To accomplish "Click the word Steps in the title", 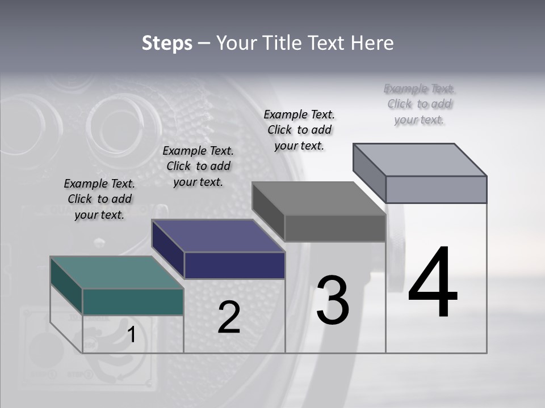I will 167,43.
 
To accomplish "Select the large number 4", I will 433,283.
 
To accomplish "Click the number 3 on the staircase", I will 333,300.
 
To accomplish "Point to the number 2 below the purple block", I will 229,317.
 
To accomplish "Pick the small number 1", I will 131,335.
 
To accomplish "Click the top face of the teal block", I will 116,273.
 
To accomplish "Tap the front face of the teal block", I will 133,301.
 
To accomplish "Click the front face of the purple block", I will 234,265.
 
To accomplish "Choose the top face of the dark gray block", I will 318,198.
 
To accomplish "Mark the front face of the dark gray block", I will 335,228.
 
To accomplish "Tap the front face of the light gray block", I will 436,189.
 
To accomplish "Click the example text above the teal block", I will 99,199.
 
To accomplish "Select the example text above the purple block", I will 198,166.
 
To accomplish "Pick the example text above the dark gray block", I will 299,130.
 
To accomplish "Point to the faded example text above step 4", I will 420,104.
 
